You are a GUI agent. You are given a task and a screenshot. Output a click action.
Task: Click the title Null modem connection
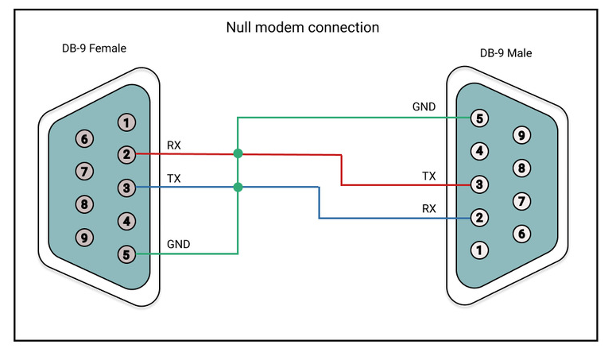tap(303, 27)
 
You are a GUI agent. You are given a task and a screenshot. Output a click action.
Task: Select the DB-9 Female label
tap(95, 48)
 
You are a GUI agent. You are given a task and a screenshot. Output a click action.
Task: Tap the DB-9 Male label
tap(505, 53)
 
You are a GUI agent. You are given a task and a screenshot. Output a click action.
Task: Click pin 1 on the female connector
tap(126, 122)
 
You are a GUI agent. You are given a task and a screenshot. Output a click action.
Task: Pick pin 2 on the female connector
tap(126, 154)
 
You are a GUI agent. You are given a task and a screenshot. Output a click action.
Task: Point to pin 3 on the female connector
tap(126, 188)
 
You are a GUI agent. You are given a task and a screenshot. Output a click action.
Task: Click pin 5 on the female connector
tap(126, 254)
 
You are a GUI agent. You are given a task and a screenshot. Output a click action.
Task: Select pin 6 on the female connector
tap(84, 138)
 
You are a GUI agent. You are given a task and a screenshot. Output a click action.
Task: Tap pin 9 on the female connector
tap(84, 237)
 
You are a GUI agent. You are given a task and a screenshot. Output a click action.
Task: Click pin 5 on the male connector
tap(479, 118)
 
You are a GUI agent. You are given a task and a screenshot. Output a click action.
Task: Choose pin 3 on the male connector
tap(479, 184)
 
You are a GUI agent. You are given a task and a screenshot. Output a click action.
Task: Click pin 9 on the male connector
tap(521, 135)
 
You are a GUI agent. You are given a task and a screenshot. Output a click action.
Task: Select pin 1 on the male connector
tap(479, 250)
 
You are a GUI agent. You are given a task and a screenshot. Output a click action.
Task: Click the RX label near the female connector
tap(174, 145)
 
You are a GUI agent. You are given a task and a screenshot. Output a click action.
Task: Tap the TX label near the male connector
tap(428, 175)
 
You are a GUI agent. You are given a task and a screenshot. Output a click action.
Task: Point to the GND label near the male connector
tap(424, 106)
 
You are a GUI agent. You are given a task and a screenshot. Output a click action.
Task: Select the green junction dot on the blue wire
tap(238, 188)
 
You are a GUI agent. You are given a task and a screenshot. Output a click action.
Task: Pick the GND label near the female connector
tap(178, 244)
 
